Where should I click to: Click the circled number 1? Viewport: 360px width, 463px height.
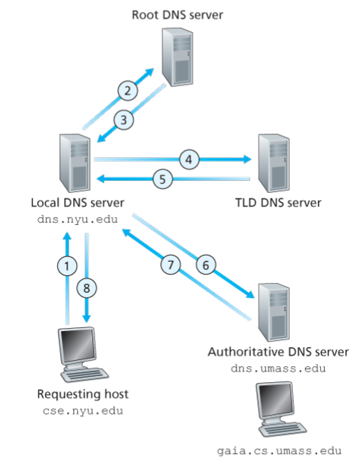67,266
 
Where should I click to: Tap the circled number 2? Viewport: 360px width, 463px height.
127,91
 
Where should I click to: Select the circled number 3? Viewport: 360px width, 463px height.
124,120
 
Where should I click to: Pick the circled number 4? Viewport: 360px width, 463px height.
189,159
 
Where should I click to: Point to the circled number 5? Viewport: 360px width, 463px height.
162,179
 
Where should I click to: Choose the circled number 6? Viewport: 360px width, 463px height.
206,265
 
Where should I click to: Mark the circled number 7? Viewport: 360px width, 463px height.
171,265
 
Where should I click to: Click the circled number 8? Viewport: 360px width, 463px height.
86,288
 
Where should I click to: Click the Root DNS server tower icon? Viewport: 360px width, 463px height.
177,56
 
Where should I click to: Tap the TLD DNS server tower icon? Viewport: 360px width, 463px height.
274,163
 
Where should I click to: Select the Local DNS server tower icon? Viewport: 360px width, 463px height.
75,163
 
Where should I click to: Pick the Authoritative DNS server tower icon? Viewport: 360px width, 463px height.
274,313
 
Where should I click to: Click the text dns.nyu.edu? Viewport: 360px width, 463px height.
77,220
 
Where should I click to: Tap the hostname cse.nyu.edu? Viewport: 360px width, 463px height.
82,410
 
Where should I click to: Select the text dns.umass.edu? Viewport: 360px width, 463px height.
278,368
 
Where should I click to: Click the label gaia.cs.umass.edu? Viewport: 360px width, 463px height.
279,451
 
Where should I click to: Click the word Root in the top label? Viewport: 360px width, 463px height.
144,14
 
